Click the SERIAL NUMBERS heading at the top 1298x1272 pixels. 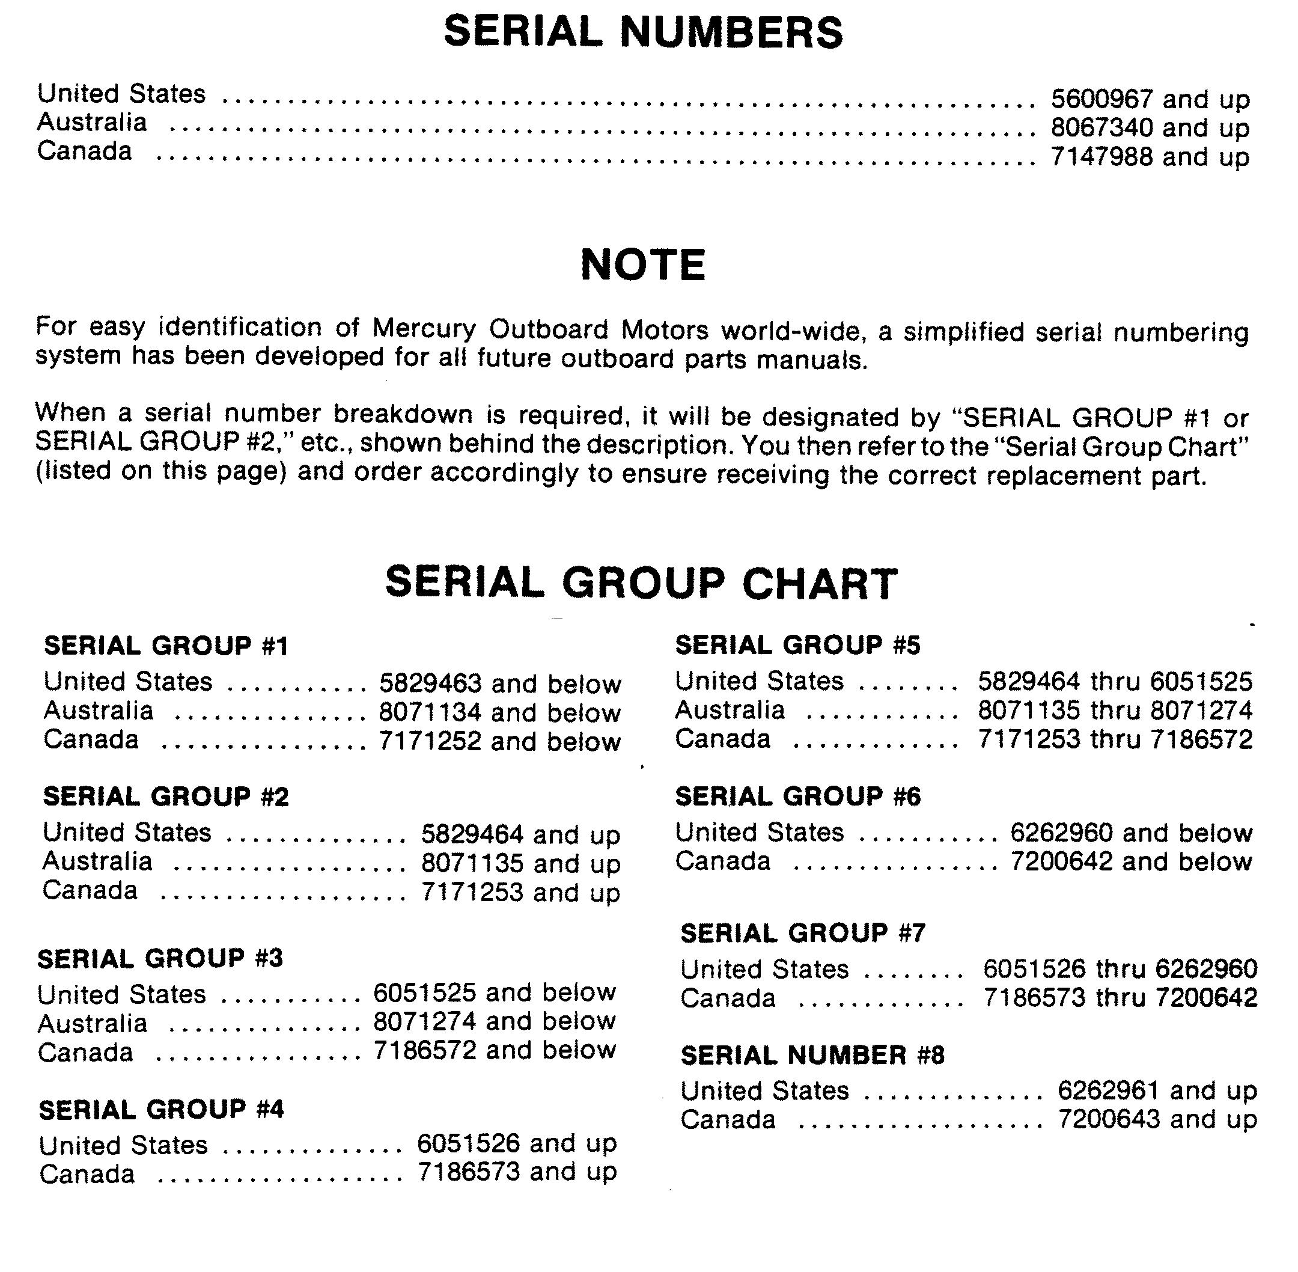[x=643, y=32]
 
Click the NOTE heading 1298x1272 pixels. [x=643, y=264]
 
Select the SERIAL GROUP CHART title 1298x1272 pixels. [x=641, y=582]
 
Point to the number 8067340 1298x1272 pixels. [x=1101, y=128]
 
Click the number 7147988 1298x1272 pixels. [x=1101, y=157]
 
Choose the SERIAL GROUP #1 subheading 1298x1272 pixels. [x=166, y=646]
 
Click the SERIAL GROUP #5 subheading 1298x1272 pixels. [x=797, y=646]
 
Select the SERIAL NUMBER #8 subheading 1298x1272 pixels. [x=812, y=1055]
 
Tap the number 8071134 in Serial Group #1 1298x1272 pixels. [x=430, y=712]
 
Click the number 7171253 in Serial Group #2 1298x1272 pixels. [x=472, y=892]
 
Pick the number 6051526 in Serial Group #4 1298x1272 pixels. [x=468, y=1143]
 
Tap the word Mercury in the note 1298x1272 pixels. [x=424, y=329]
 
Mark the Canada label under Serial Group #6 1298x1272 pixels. [x=722, y=861]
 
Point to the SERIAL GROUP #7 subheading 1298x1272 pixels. [x=803, y=932]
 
